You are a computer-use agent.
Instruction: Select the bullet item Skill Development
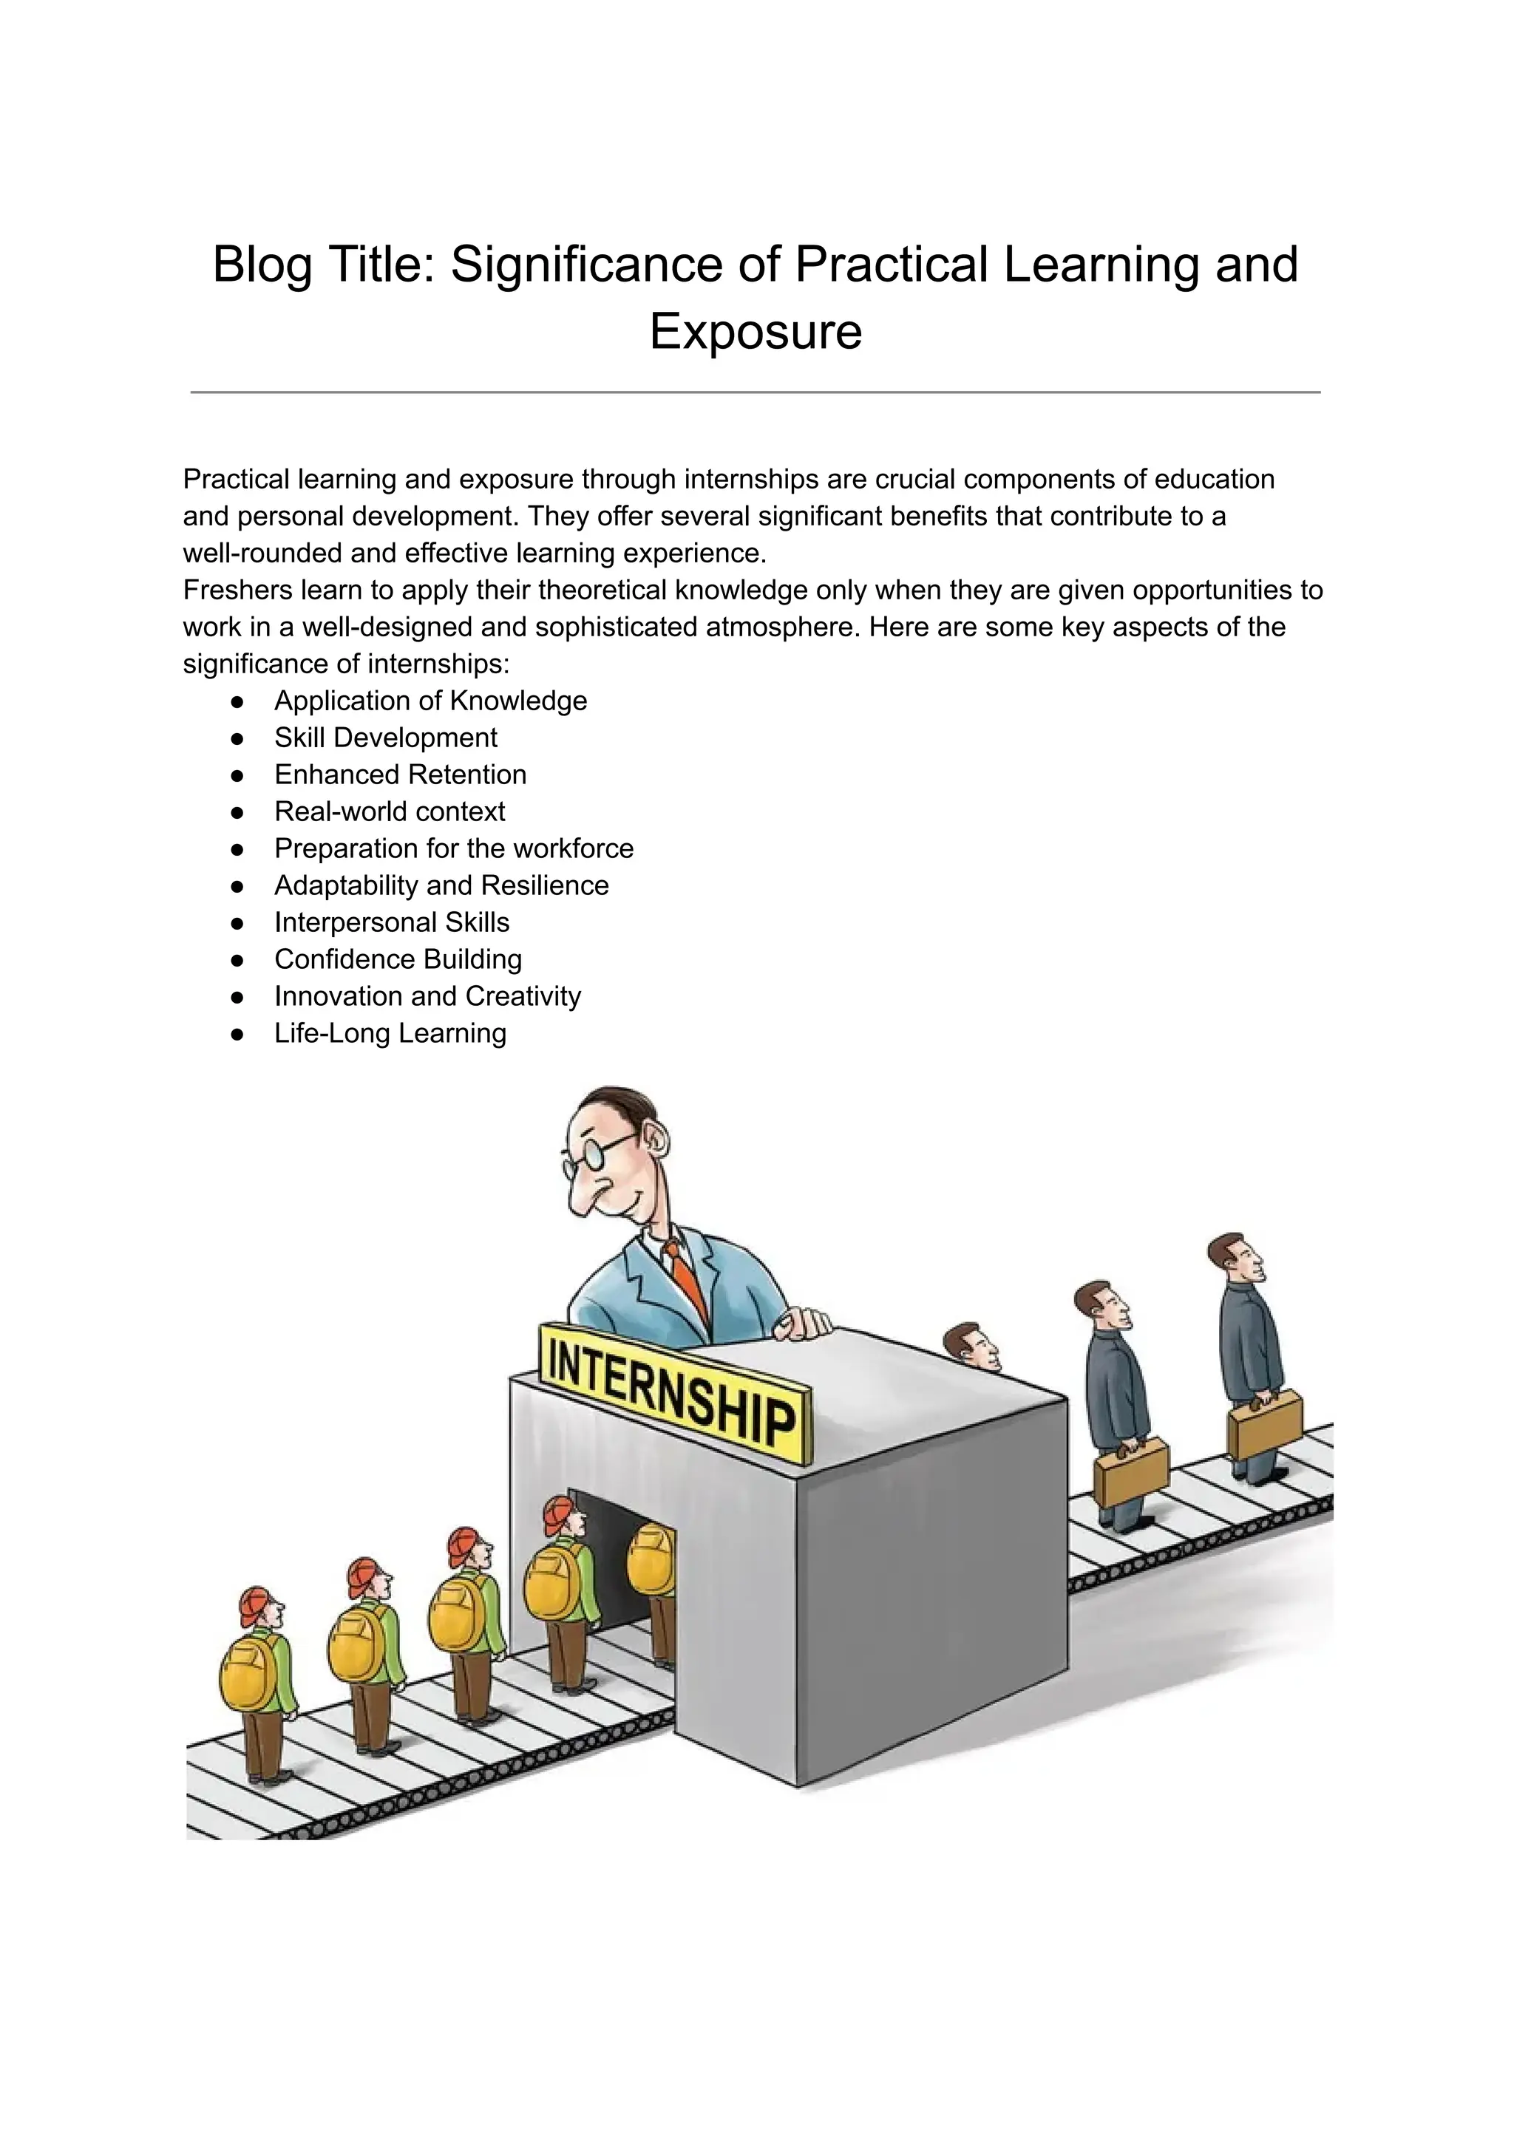pyautogui.click(x=385, y=738)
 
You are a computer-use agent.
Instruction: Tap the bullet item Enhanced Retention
pyautogui.click(x=400, y=774)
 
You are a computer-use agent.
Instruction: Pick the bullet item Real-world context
pyautogui.click(x=390, y=811)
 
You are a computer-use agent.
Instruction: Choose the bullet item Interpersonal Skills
pyautogui.click(x=392, y=923)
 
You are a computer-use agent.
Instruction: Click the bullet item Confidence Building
pyautogui.click(x=398, y=959)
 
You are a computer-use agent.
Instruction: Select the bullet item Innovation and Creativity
pyautogui.click(x=427, y=996)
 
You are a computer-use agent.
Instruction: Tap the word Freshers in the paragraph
pyautogui.click(x=234, y=590)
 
